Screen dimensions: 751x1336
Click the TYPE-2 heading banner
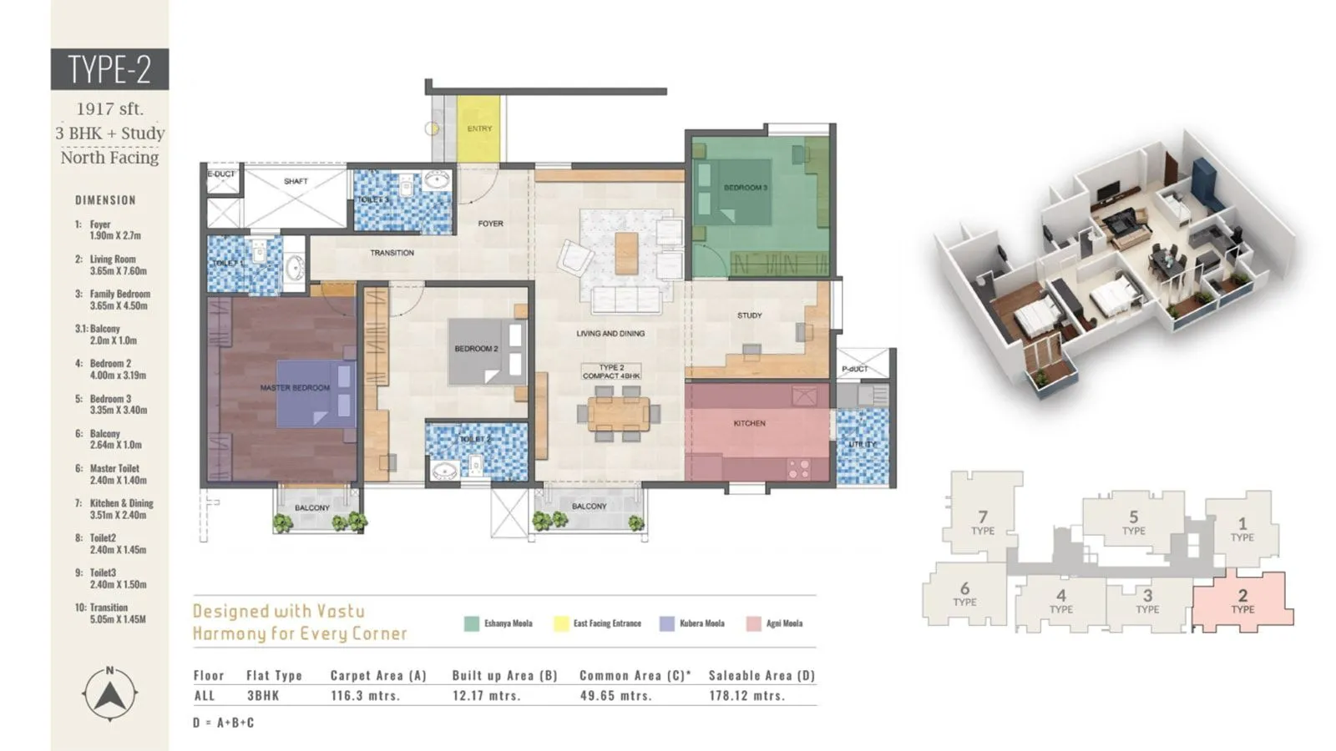pyautogui.click(x=109, y=69)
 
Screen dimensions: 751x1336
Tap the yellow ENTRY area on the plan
pyautogui.click(x=478, y=129)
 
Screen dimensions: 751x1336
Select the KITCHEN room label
pyautogui.click(x=749, y=423)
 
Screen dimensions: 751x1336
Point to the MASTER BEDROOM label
pyautogui.click(x=294, y=388)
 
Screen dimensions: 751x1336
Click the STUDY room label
pyautogui.click(x=749, y=315)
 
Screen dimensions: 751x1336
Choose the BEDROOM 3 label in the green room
pyautogui.click(x=745, y=188)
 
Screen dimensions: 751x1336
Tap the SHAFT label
pyautogui.click(x=296, y=181)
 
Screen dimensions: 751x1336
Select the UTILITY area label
pyautogui.click(x=862, y=444)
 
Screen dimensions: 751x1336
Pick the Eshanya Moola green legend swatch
pyautogui.click(x=472, y=623)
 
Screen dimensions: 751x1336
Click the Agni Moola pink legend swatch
pyautogui.click(x=753, y=623)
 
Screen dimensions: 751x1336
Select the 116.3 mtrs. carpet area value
pyautogui.click(x=365, y=696)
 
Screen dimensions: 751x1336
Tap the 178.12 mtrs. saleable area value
pyautogui.click(x=746, y=696)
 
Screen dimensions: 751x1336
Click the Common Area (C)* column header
pyautogui.click(x=635, y=676)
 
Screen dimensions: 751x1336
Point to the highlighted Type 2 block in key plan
pyautogui.click(x=1242, y=601)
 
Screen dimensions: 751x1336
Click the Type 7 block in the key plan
pyautogui.click(x=982, y=522)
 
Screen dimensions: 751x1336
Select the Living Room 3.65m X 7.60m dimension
pyautogui.click(x=118, y=265)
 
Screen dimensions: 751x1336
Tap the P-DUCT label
pyautogui.click(x=854, y=369)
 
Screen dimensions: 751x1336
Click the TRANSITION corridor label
pyautogui.click(x=392, y=253)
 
